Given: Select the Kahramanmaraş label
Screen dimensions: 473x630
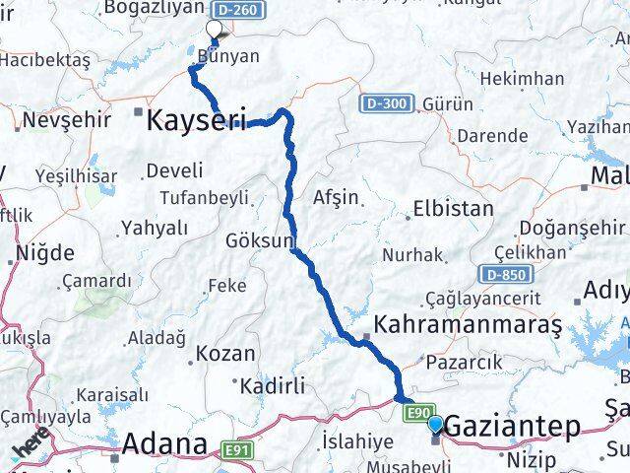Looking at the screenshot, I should tap(468, 324).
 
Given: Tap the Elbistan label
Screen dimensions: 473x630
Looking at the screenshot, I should tap(453, 209).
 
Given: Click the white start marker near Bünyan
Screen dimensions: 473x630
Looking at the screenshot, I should tap(214, 29).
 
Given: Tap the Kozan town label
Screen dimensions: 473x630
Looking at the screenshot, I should tap(225, 353).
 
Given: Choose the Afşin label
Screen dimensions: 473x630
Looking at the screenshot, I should tap(336, 197).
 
